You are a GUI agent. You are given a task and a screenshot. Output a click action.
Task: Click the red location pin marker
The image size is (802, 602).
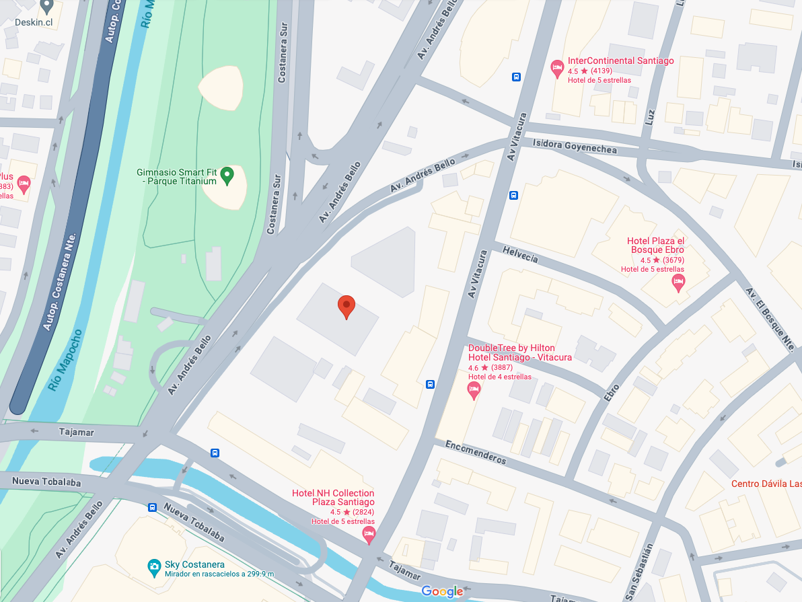click(346, 307)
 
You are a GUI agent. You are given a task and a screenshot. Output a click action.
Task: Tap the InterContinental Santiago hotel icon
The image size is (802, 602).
click(557, 68)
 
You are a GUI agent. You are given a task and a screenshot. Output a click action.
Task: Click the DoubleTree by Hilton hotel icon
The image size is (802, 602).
click(474, 390)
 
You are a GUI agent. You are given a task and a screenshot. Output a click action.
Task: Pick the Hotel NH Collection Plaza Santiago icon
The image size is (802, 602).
click(369, 535)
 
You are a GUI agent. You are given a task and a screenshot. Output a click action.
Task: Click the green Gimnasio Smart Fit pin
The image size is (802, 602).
click(227, 176)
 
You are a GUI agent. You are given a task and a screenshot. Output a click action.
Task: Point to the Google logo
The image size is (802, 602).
click(442, 592)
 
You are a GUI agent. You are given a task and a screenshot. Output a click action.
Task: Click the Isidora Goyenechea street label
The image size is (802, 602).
click(574, 146)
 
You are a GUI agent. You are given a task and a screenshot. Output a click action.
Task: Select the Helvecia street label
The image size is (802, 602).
click(520, 255)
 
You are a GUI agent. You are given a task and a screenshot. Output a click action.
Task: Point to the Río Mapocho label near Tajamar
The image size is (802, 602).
click(65, 360)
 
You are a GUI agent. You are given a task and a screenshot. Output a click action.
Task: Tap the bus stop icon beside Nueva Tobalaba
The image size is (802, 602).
click(153, 507)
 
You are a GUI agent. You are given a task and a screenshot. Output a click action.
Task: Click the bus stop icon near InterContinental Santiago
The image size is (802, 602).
click(516, 77)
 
